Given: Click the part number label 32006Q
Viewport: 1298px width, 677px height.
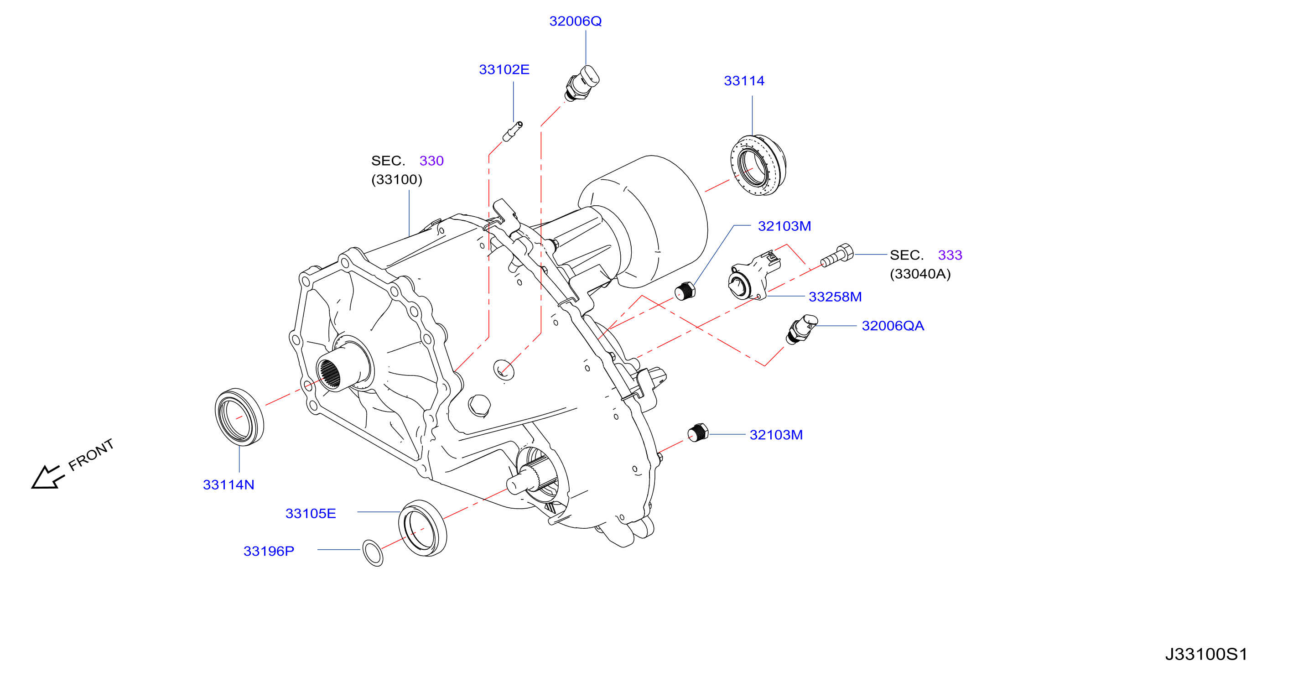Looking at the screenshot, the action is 575,21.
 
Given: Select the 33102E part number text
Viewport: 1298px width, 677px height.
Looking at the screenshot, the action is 504,69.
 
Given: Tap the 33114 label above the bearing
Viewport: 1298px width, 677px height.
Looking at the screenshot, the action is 744,81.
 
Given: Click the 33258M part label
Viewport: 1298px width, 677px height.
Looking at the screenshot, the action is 835,297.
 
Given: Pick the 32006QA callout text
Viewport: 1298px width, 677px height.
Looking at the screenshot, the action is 893,326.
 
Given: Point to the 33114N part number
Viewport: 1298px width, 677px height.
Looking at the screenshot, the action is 228,484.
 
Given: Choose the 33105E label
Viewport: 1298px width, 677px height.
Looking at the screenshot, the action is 311,513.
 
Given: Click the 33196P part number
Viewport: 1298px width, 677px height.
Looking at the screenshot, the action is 269,551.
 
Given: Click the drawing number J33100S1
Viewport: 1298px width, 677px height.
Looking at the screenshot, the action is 1206,654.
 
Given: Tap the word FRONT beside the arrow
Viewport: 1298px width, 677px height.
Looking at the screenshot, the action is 91,455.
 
